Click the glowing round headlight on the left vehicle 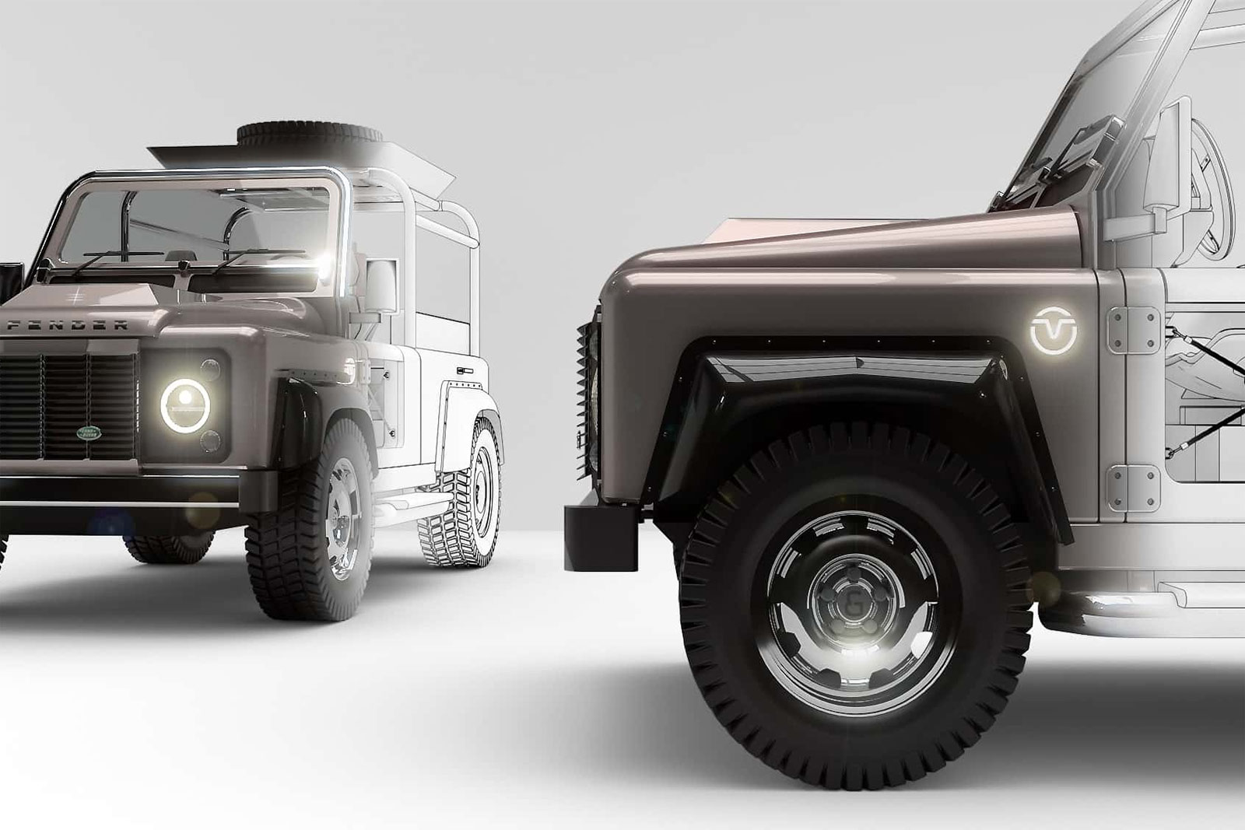185,406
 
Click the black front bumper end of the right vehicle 601,537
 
